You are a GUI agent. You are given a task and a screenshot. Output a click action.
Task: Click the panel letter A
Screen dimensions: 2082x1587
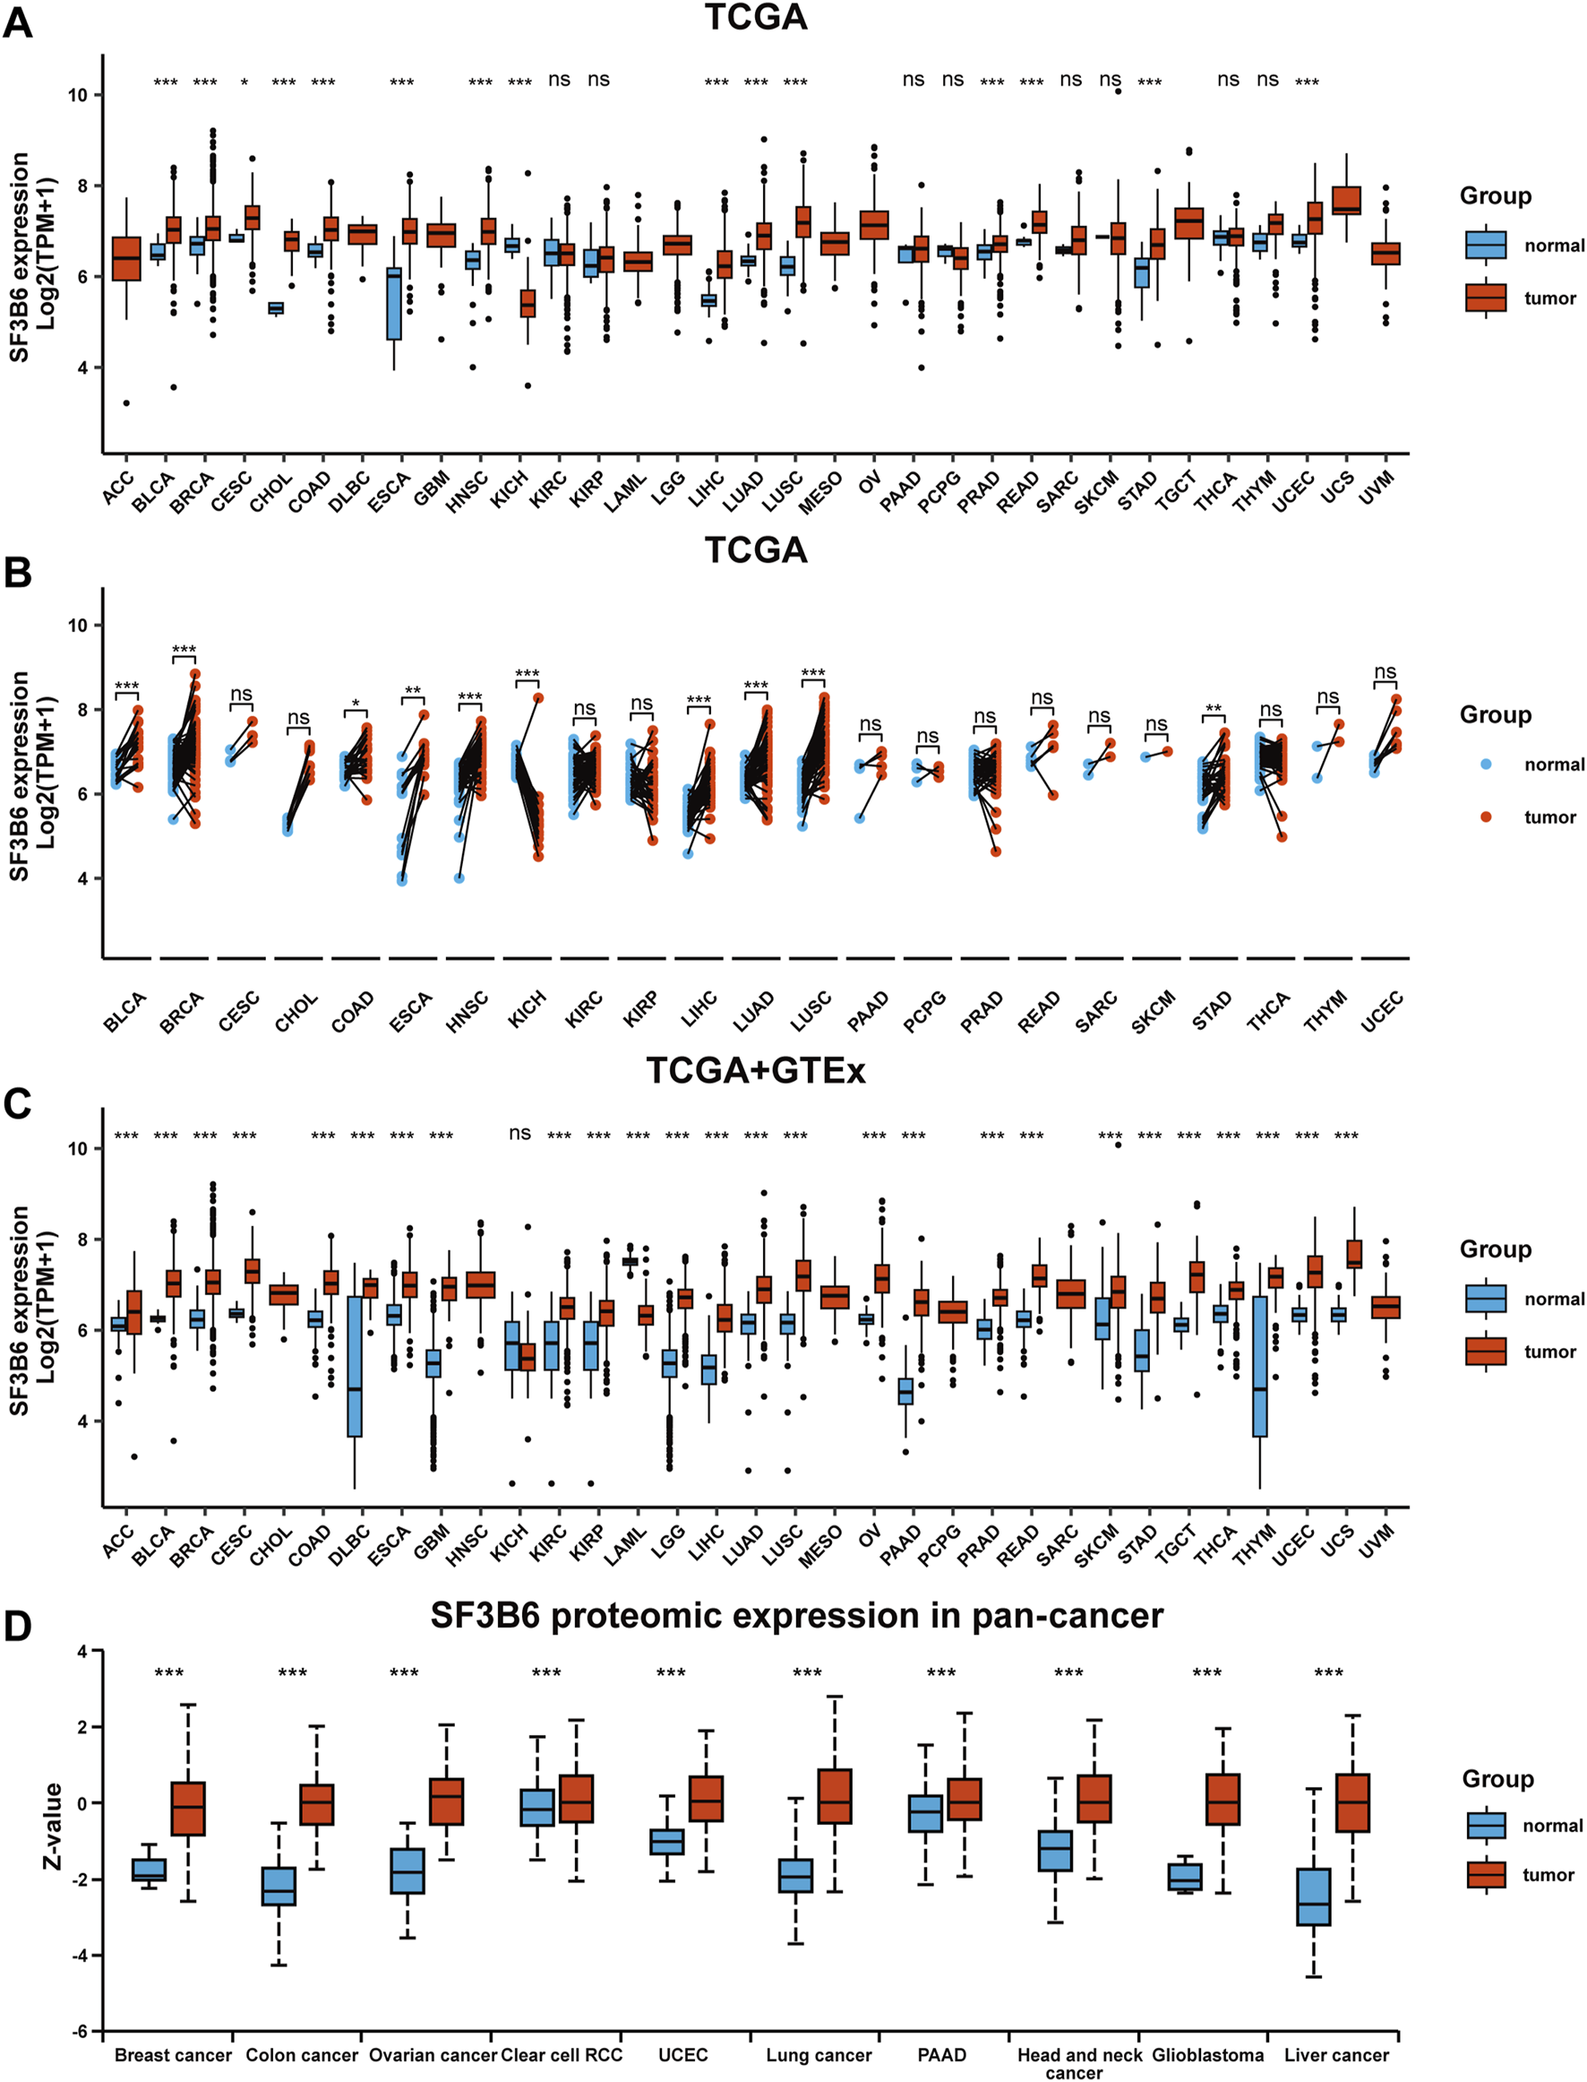click(17, 22)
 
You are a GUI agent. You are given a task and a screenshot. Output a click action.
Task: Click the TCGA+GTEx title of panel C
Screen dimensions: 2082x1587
click(755, 1070)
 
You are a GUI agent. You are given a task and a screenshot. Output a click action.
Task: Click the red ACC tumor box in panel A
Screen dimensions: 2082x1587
click(126, 258)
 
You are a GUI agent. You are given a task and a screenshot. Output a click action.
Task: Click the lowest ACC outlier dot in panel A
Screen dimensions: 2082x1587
click(126, 402)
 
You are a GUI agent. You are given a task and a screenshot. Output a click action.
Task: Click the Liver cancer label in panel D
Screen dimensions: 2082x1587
click(1335, 2054)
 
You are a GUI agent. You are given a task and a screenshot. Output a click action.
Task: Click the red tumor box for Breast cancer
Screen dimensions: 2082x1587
click(188, 1808)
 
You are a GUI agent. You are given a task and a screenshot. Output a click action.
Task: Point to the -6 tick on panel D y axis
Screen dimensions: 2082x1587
click(82, 2030)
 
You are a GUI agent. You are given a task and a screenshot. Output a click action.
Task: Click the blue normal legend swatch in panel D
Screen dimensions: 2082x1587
click(1486, 1825)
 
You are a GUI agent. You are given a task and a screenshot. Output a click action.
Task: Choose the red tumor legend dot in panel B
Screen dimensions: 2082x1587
click(1486, 816)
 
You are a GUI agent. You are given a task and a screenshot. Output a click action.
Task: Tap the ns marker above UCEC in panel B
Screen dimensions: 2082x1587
click(1385, 672)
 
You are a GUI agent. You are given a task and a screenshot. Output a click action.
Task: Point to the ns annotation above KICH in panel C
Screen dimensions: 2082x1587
click(519, 1132)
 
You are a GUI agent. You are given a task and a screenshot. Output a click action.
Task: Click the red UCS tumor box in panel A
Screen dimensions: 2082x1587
click(1346, 201)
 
